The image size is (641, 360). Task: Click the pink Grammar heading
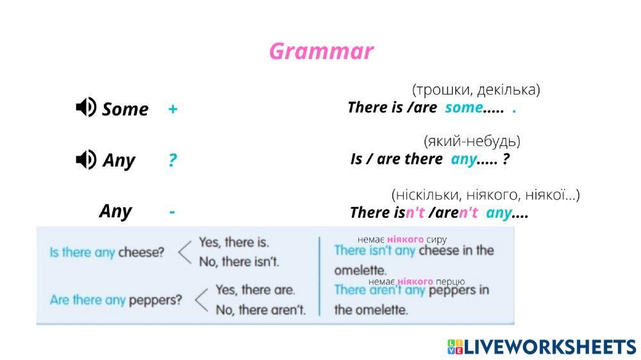click(321, 52)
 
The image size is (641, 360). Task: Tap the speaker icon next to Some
click(86, 108)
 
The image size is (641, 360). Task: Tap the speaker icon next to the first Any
click(86, 160)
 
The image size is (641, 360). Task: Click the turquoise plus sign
click(173, 109)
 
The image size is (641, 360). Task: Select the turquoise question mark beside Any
click(172, 160)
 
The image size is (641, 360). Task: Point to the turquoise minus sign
click(172, 211)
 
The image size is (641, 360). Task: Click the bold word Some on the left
click(125, 109)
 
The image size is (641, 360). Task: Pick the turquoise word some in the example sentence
click(463, 108)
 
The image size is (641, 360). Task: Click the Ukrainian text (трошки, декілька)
click(476, 90)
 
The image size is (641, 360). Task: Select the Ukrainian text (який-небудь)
click(472, 142)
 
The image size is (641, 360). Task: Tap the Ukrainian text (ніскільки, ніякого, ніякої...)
click(486, 195)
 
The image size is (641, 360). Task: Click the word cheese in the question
click(141, 252)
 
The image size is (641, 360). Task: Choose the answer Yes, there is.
click(234, 242)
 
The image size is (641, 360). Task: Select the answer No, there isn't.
click(238, 261)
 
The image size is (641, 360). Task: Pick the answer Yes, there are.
click(255, 290)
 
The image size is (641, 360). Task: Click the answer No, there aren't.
click(260, 309)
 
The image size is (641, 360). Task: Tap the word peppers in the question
click(155, 300)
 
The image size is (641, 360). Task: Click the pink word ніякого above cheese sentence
click(405, 240)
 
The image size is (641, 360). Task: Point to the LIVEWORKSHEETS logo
click(542, 347)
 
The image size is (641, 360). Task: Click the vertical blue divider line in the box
click(319, 276)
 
